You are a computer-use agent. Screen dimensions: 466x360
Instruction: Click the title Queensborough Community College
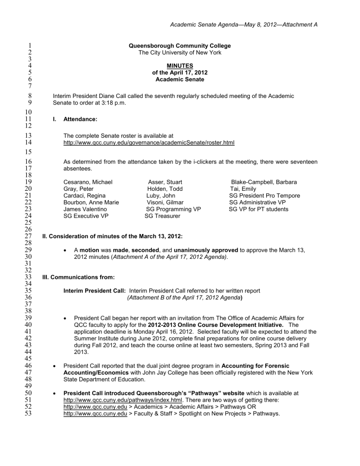(x=180, y=45)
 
